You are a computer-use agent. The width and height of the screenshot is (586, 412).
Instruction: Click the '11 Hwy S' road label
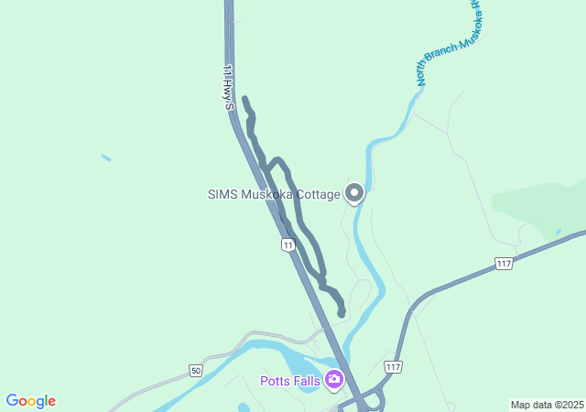230,88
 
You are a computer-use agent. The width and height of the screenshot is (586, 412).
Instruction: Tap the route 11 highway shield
288,245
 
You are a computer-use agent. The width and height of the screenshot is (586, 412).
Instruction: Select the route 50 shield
196,370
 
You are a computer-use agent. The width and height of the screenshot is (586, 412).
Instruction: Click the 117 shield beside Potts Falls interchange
393,366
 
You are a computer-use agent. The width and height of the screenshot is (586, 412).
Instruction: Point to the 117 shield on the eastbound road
504,264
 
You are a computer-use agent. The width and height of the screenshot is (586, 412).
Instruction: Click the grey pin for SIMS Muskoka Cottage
354,193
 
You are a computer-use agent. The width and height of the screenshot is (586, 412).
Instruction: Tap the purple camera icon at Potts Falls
333,380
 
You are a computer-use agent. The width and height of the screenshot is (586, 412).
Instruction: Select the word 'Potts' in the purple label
275,381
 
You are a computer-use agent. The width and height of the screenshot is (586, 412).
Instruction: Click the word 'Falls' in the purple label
307,381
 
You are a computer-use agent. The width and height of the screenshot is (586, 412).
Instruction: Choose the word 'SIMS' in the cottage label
222,194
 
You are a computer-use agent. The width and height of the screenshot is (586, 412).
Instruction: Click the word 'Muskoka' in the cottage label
266,194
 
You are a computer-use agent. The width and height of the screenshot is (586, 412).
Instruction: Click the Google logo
30,401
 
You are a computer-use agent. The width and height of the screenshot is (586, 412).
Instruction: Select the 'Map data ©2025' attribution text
547,405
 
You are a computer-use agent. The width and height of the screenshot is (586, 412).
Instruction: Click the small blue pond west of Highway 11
106,158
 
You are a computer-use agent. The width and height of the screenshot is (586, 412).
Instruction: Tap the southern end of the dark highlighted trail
342,313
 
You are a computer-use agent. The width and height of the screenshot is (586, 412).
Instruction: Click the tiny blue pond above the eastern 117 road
558,233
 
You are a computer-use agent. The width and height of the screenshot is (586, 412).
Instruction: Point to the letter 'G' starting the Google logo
12,401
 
